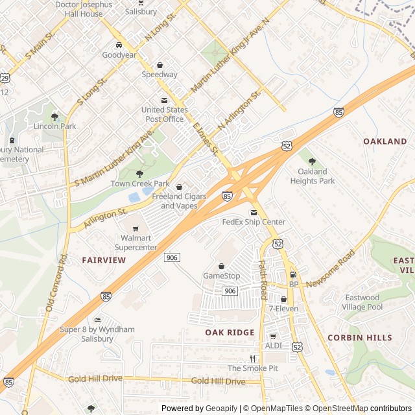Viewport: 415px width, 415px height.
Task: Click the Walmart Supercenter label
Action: click(x=136, y=243)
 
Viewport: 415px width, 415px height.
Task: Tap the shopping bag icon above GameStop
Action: click(x=221, y=266)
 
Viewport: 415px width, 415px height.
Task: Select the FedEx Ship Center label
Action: click(x=254, y=222)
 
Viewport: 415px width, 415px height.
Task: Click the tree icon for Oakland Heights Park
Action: click(x=312, y=161)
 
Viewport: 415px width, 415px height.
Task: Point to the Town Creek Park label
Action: click(x=139, y=184)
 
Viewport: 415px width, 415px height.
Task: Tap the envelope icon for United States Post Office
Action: click(x=163, y=100)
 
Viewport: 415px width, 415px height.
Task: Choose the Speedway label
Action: click(x=160, y=75)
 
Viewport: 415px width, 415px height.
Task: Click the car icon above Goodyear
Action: click(x=119, y=45)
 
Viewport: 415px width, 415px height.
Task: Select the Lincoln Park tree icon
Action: click(x=55, y=117)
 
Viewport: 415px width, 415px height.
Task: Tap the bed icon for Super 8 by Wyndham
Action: click(x=97, y=320)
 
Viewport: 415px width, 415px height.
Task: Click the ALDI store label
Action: click(x=273, y=346)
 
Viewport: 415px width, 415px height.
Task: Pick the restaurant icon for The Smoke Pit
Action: click(x=252, y=359)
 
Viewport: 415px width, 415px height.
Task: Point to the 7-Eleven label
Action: click(x=283, y=309)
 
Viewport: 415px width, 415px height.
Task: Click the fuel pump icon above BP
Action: click(x=293, y=274)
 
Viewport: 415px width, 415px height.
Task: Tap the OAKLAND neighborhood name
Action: click(x=385, y=141)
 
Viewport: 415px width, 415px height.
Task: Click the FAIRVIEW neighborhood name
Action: click(x=104, y=260)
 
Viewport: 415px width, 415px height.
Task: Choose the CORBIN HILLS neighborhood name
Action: click(x=359, y=338)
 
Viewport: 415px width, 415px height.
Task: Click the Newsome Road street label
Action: click(x=331, y=268)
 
